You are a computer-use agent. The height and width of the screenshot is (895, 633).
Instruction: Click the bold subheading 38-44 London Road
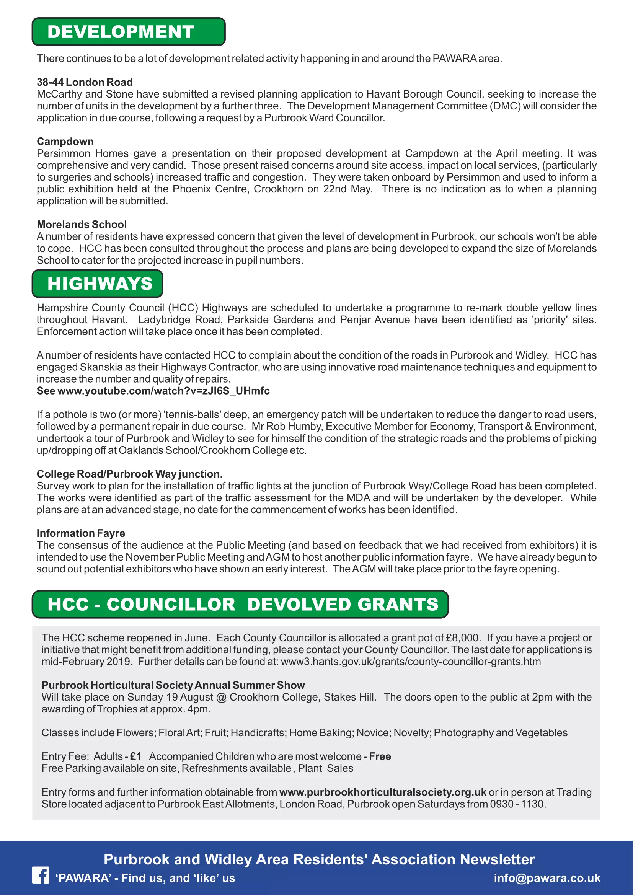(85, 82)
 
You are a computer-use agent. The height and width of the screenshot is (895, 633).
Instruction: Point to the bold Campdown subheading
(65, 142)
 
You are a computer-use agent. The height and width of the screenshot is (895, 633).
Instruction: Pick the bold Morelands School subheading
(82, 225)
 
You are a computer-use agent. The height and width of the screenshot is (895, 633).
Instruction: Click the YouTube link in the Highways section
(163, 391)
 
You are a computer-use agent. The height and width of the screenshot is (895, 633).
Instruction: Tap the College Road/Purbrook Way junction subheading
(129, 474)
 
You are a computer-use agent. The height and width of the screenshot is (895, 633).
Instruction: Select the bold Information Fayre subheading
(81, 533)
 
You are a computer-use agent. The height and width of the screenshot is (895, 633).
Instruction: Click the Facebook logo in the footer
(41, 875)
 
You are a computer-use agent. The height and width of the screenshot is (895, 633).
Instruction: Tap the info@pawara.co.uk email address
(547, 878)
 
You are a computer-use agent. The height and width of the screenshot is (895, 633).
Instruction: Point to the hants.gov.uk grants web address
(411, 662)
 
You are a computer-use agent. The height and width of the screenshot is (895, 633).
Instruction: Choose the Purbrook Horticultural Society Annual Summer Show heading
(173, 685)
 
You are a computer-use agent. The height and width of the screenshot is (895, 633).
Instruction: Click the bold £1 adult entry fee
(135, 756)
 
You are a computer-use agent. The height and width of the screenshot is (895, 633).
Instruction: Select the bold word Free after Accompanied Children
(380, 756)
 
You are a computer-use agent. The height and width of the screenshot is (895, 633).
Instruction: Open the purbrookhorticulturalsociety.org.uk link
(383, 792)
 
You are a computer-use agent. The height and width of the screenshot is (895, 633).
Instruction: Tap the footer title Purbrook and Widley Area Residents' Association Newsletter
(319, 859)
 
